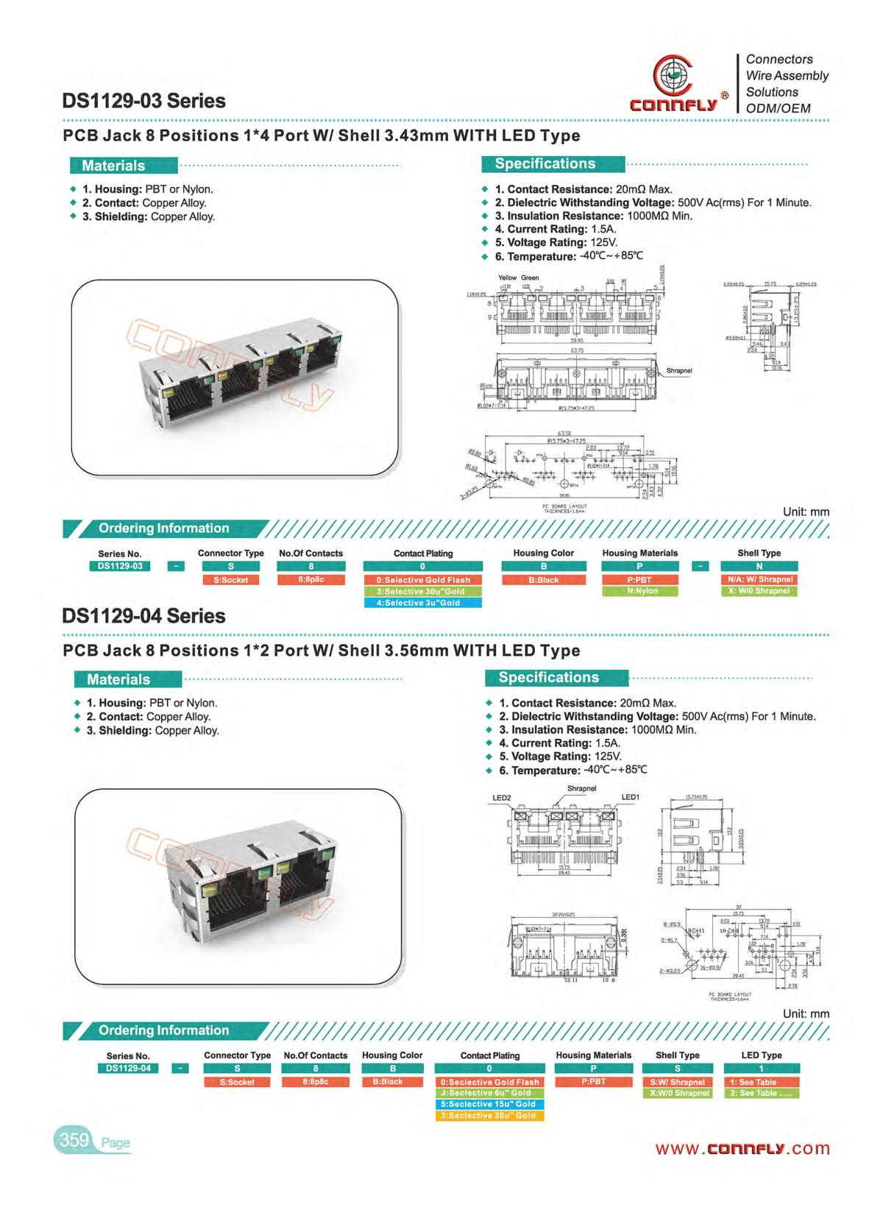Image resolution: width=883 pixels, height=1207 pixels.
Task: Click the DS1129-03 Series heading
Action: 143,101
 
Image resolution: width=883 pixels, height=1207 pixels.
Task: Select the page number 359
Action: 74,1140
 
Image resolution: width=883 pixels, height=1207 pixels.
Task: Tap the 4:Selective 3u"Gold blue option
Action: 422,603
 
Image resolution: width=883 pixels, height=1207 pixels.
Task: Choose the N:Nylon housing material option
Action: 639,591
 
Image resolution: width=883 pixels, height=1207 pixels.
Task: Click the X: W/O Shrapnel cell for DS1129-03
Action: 759,591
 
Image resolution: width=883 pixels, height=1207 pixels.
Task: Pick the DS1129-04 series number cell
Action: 128,1069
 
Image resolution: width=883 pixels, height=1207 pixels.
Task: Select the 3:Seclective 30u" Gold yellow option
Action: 489,1116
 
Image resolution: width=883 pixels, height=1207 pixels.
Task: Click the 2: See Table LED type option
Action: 761,1094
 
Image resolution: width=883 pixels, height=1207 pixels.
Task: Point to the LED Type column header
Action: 761,1055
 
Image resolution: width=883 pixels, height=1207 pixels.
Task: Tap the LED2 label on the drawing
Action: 501,798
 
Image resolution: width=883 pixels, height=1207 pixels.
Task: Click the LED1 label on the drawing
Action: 631,797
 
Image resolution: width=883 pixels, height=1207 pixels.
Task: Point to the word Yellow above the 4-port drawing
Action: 507,278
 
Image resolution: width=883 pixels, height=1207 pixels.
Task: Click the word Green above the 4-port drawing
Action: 530,278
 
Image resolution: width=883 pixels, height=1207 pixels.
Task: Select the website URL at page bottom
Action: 742,1149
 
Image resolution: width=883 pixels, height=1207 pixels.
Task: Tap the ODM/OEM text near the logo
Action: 778,108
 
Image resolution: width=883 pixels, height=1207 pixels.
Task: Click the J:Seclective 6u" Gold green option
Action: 489,1094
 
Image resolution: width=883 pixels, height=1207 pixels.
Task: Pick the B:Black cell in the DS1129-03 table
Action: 544,580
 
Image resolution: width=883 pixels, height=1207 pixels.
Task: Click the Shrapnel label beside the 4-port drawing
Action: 678,371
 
